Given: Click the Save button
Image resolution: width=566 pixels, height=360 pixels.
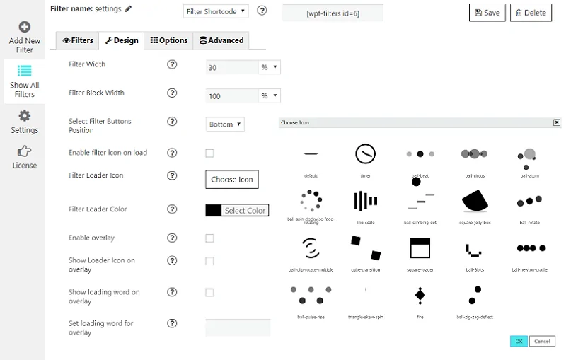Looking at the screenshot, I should point(487,13).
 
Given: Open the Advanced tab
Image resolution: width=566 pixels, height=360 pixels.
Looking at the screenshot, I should point(221,41).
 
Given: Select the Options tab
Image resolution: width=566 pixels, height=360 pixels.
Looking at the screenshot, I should point(168,41).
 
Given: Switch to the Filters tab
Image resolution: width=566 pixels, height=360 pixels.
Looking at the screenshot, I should point(77,41).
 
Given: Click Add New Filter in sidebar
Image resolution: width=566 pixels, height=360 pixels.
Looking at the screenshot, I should point(25,37).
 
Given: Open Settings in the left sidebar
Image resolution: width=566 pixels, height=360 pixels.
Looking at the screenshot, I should point(25,122).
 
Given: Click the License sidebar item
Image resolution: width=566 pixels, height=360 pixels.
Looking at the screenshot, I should point(25,157).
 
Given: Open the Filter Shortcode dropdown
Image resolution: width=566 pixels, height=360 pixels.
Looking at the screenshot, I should point(216,11).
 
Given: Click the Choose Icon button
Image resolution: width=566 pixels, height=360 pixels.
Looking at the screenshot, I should point(231,180).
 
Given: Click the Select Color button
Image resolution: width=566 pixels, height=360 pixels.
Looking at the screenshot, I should point(237,210).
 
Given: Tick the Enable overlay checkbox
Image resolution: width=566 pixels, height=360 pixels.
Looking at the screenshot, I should point(209,238).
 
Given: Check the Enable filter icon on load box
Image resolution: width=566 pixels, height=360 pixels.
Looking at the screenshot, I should point(209,153).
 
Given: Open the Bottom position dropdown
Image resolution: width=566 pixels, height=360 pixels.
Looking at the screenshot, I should point(225,124).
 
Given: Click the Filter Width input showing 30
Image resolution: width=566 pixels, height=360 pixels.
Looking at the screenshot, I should point(231,67).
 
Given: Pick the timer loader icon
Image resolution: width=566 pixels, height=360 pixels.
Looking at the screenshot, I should point(365,154).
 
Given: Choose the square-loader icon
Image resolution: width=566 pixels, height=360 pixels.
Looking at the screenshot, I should point(420,248).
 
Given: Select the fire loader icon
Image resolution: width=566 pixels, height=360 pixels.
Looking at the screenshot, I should point(420,294).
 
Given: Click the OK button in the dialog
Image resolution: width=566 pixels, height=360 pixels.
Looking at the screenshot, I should point(519,341).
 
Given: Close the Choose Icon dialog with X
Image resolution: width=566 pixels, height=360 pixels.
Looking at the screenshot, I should point(556,122).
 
